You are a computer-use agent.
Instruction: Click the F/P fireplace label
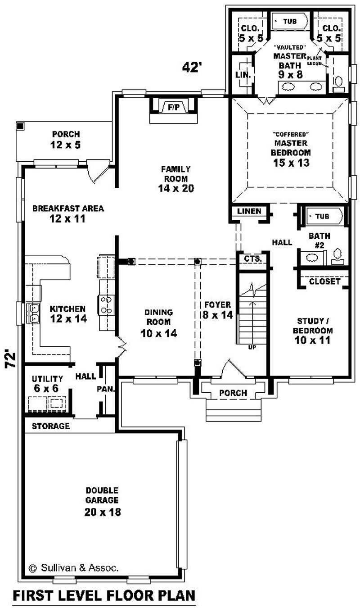point(173,107)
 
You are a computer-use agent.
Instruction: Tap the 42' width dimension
point(192,67)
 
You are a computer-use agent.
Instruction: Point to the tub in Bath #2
point(322,216)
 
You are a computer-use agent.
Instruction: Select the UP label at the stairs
point(252,347)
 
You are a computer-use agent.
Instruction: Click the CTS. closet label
point(251,259)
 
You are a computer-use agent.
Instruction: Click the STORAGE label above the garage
point(51,426)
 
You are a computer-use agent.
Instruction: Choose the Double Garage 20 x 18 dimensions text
point(103,512)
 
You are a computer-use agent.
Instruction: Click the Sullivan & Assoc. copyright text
point(74,568)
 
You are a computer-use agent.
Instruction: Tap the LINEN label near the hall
point(249,211)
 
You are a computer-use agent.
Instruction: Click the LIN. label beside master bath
point(243,75)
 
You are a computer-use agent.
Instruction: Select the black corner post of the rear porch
point(19,126)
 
